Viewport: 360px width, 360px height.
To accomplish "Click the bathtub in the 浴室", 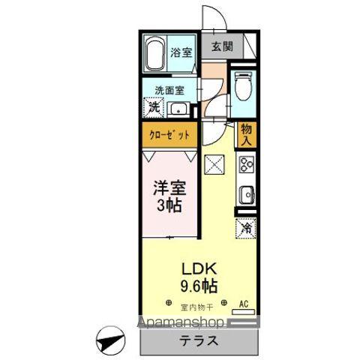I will pyautogui.click(x=154, y=53).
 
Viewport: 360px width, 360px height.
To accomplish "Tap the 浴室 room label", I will pyautogui.click(x=180, y=52).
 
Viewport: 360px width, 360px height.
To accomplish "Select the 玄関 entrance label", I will pyautogui.click(x=221, y=46).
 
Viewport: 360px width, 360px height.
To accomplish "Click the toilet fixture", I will pyautogui.click(x=243, y=88).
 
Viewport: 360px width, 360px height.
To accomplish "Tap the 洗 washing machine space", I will pyautogui.click(x=153, y=107).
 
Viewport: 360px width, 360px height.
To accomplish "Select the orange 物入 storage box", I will pyautogui.click(x=246, y=135).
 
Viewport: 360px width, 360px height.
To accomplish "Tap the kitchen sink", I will pyautogui.click(x=246, y=196).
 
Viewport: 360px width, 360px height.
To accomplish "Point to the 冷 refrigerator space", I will pyautogui.click(x=246, y=226).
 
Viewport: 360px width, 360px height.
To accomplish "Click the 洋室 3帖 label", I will pyautogui.click(x=170, y=194).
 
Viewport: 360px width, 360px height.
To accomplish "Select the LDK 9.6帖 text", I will pyautogui.click(x=199, y=276).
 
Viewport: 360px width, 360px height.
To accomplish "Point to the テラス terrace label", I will pyautogui.click(x=199, y=340).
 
